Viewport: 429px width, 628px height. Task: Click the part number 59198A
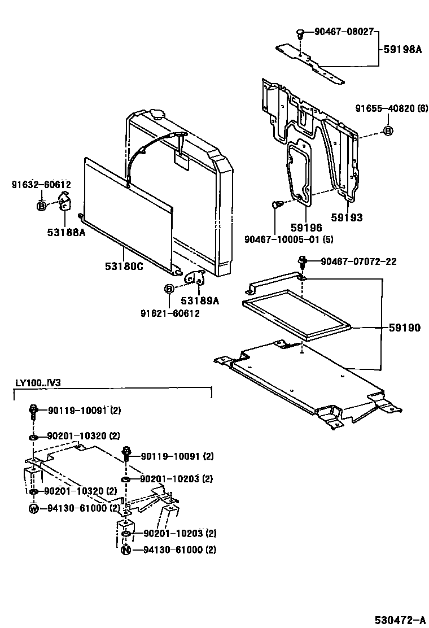pos(402,50)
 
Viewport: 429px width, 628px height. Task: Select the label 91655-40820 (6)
pos(391,108)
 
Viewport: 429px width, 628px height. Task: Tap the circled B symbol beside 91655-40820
pos(388,131)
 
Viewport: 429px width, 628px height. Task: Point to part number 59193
pos(347,217)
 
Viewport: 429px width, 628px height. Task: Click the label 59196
pos(306,228)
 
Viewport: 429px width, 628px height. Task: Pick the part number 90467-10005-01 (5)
pos(288,239)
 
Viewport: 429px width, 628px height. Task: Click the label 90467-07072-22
pos(358,261)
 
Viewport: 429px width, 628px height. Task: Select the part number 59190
pos(404,328)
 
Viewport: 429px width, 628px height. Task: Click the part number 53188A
pos(66,231)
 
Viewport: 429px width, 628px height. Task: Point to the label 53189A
pos(199,301)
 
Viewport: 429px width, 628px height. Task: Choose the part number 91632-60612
pos(41,185)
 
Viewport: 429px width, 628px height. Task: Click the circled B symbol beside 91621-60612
pos(168,289)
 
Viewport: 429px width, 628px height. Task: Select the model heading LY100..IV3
pos(37,382)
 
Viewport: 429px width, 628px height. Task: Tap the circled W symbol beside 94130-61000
pos(33,508)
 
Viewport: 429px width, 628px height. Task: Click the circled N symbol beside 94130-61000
pos(125,549)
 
